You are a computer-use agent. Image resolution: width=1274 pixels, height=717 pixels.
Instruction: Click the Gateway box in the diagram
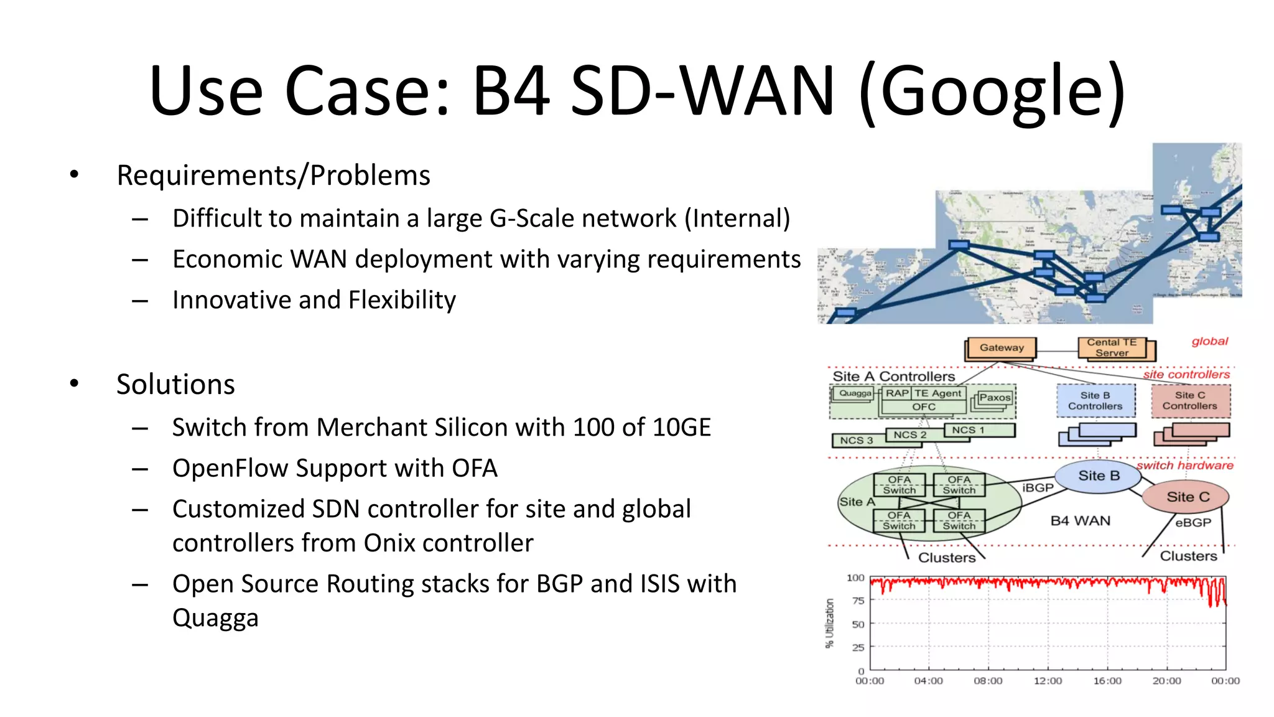click(1001, 348)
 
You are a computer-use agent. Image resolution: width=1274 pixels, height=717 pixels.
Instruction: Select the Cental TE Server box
click(1112, 347)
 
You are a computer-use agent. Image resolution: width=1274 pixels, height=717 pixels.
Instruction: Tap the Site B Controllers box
click(1095, 401)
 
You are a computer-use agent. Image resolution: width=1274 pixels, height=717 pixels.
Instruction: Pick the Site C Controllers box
click(1189, 401)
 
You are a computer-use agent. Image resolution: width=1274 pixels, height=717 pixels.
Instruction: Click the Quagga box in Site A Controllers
click(855, 393)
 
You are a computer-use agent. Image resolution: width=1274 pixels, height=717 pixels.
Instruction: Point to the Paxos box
click(994, 398)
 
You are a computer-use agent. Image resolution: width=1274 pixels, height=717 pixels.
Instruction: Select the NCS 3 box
click(857, 441)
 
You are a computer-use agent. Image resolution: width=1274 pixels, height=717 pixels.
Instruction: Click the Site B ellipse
click(1099, 476)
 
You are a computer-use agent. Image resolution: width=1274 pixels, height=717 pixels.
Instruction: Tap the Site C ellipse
click(1188, 497)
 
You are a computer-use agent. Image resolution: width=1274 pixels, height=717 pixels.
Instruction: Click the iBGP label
click(1038, 488)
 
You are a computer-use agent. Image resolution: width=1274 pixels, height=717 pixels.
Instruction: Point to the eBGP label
click(1193, 523)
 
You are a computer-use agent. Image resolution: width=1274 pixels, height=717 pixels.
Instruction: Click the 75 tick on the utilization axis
click(858, 601)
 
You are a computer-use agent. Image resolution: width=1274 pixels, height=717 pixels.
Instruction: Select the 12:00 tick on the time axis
click(1048, 681)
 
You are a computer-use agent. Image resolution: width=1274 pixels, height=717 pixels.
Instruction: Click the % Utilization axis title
click(829, 623)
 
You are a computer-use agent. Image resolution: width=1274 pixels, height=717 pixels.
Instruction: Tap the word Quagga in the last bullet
click(215, 619)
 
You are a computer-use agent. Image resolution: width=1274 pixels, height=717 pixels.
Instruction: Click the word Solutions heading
click(175, 385)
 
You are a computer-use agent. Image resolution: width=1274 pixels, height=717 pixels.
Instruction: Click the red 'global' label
click(1209, 342)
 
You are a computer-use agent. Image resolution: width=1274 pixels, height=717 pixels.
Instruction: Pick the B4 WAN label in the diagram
click(1080, 521)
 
